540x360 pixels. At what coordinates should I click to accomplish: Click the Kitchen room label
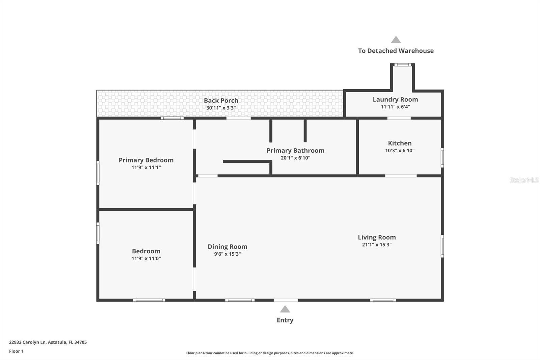point(400,143)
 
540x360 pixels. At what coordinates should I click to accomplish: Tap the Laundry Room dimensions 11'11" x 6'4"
point(395,107)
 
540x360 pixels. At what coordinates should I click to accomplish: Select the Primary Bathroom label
point(295,151)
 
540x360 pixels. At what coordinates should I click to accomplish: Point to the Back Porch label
point(221,101)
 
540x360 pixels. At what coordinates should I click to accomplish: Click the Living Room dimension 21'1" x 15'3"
point(377,245)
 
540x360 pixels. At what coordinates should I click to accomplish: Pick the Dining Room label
point(227,247)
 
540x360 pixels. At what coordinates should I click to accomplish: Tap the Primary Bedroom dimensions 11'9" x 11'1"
point(146,168)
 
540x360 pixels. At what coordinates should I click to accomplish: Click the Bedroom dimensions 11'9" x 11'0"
point(146,259)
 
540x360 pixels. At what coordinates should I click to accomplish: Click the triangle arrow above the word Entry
point(285,309)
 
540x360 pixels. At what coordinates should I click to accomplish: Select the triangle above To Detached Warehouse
point(396,40)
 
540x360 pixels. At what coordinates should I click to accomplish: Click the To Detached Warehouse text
point(396,51)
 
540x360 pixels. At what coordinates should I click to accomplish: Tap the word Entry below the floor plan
point(285,320)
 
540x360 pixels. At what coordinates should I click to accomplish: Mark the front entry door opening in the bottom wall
point(286,300)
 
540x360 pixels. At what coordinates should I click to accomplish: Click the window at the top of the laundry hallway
point(403,65)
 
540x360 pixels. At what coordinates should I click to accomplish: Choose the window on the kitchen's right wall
point(442,157)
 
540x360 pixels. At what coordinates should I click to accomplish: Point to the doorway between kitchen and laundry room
point(399,118)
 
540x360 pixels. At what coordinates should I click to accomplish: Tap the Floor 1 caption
point(16,351)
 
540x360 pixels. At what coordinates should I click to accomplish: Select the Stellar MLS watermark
point(524,180)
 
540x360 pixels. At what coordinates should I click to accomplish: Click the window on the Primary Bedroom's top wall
point(172,118)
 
